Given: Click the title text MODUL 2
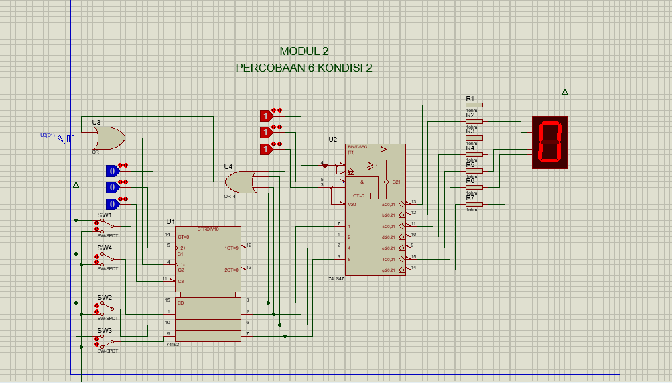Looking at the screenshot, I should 304,51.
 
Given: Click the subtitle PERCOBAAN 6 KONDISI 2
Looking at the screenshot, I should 304,68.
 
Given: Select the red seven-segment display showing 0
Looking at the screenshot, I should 549,142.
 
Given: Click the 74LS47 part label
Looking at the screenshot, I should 336,278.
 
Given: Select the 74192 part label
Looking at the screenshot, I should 173,345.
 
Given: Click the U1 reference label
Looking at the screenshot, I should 170,221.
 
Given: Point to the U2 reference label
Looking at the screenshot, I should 333,140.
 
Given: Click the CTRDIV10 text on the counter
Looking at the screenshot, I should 207,229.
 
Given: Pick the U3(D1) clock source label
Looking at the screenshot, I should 48,135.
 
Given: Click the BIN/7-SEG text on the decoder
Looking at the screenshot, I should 358,147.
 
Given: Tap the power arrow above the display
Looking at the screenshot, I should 565,92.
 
